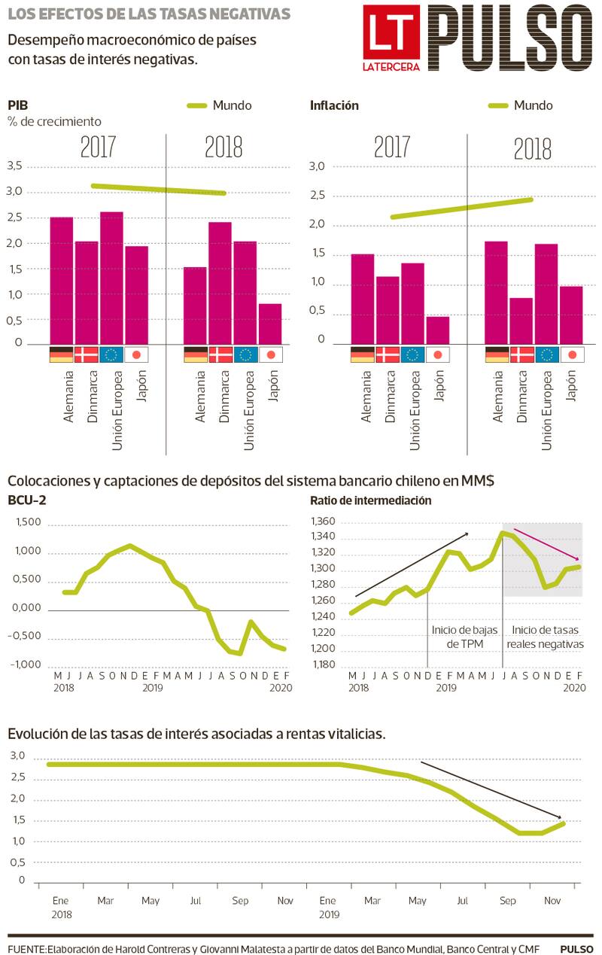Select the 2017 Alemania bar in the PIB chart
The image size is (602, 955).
click(62, 280)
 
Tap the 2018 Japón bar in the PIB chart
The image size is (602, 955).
click(270, 324)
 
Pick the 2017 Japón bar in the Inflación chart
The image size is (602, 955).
click(438, 330)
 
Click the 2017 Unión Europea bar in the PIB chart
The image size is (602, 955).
click(111, 278)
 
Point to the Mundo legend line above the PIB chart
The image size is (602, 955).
click(196, 106)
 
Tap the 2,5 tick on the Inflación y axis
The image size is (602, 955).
click(317, 196)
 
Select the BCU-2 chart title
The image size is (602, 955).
click(27, 500)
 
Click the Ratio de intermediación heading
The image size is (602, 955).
click(370, 500)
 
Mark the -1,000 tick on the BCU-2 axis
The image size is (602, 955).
click(27, 665)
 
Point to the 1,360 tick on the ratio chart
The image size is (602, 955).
click(324, 522)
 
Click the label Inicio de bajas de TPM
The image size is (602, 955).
click(463, 637)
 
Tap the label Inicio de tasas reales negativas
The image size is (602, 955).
click(545, 637)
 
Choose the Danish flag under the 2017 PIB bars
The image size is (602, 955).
click(87, 354)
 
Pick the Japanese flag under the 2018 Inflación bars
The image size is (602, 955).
click(572, 354)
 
